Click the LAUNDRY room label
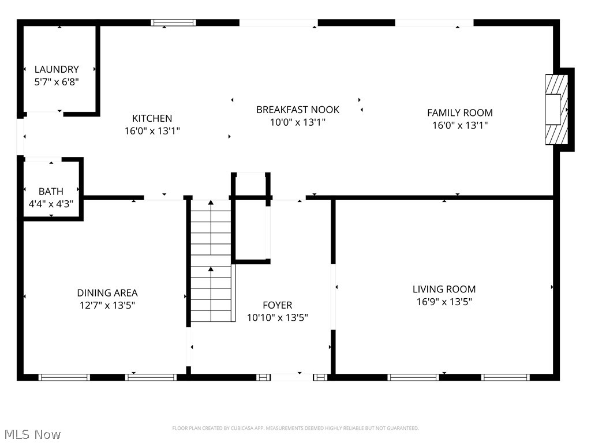click(57, 69)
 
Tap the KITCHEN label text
click(152, 118)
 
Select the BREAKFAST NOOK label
click(298, 110)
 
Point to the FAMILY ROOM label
click(460, 113)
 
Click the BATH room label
click(51, 191)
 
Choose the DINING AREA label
click(107, 293)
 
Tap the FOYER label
click(278, 305)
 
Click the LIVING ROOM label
click(444, 289)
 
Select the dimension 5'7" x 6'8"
click(57, 82)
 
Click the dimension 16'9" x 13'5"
click(444, 301)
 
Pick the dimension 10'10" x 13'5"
click(278, 317)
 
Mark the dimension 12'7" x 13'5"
click(107, 305)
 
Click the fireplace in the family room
click(556, 109)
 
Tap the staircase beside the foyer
click(211, 260)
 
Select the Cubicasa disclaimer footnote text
click(295, 428)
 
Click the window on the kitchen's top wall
click(174, 22)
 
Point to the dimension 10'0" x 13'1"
click(298, 122)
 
